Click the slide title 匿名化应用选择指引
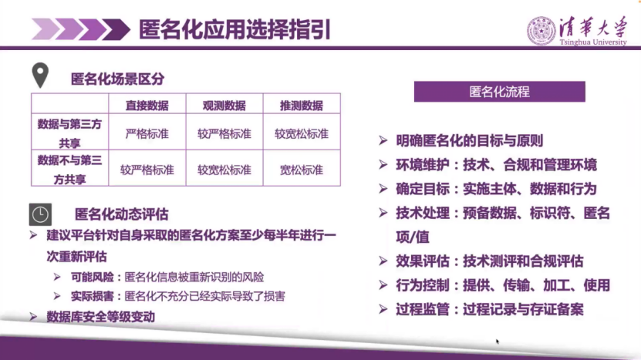click(x=234, y=30)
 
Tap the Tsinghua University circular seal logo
click(x=541, y=31)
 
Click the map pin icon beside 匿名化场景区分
click(x=39, y=76)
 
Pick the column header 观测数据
click(x=224, y=106)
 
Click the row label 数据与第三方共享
click(x=69, y=133)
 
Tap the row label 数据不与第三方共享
click(x=69, y=169)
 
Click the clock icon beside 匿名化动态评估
click(x=40, y=214)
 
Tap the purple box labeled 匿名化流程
click(x=499, y=92)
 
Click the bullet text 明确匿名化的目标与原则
click(x=471, y=141)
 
